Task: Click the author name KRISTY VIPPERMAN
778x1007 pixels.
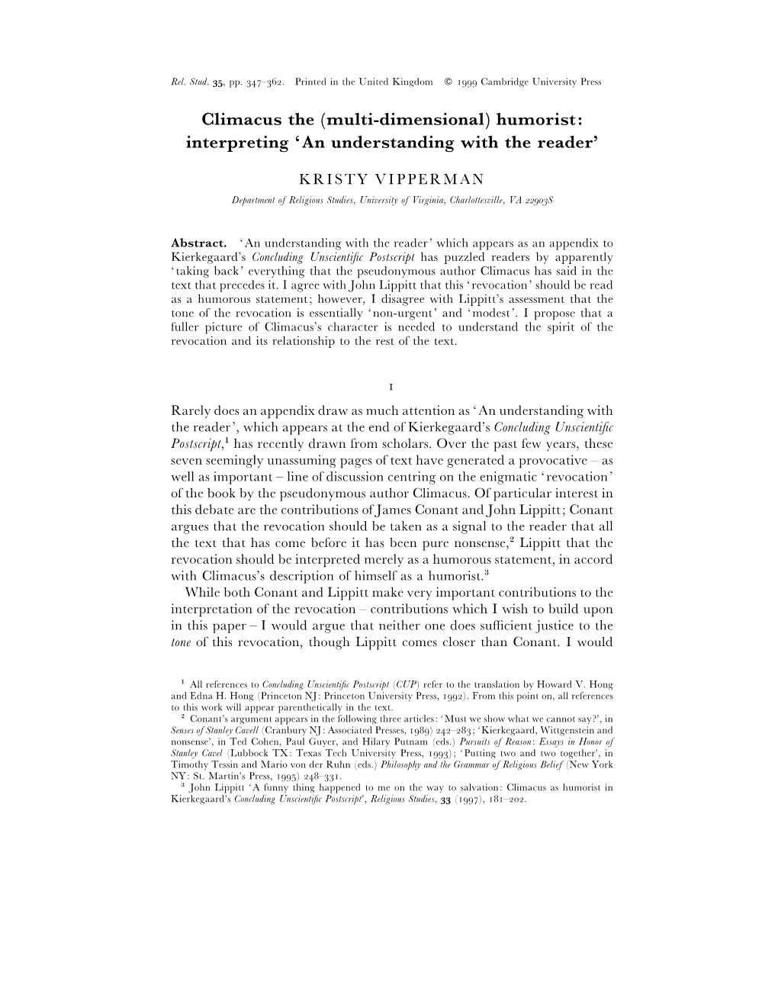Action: [x=391, y=179]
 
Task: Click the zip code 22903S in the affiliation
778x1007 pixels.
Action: [x=537, y=200]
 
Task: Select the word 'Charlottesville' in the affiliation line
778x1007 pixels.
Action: [x=477, y=200]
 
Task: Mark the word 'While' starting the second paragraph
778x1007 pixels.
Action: [x=201, y=593]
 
